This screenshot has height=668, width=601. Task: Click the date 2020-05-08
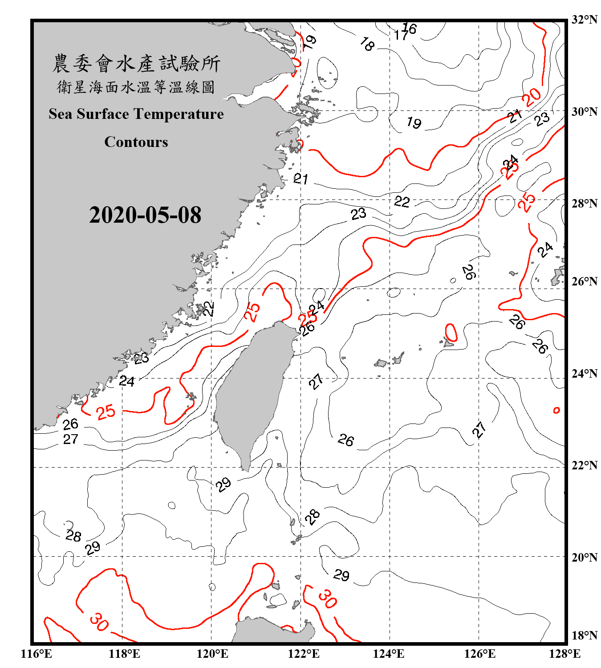click(x=145, y=215)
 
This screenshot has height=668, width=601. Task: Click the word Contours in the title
click(x=136, y=142)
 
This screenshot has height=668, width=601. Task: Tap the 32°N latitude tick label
click(x=584, y=20)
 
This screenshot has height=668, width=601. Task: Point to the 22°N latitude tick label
click(x=584, y=465)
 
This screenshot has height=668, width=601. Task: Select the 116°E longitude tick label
click(x=37, y=654)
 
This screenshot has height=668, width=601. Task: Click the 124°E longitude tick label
click(x=389, y=654)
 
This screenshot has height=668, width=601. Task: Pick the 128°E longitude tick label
click(x=564, y=654)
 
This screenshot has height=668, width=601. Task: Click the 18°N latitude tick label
click(x=584, y=635)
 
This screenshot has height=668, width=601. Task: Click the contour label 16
click(x=410, y=29)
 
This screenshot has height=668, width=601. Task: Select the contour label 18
click(x=367, y=44)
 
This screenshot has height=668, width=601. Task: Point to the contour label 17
click(x=401, y=35)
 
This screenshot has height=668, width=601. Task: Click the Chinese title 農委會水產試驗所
click(x=136, y=64)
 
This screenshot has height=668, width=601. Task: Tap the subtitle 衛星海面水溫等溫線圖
click(x=136, y=87)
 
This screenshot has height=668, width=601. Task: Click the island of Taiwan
click(x=252, y=392)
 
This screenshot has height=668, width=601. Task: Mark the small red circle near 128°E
click(x=556, y=410)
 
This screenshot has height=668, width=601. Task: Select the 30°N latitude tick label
click(x=584, y=111)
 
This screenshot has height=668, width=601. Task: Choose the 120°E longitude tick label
click(x=212, y=654)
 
